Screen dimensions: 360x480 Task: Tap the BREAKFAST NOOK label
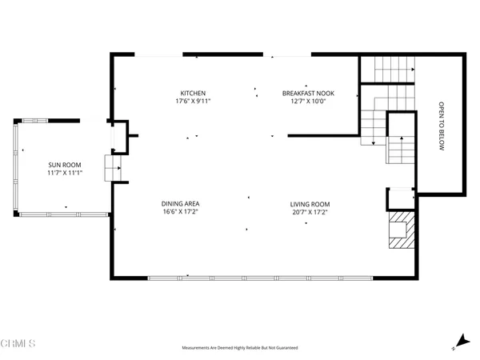(x=308, y=93)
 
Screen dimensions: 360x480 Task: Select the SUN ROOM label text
(x=65, y=164)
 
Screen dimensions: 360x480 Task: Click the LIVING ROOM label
(x=310, y=204)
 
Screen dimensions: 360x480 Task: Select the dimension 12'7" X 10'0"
(x=308, y=102)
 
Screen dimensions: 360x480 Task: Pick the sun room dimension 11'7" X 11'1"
(x=65, y=173)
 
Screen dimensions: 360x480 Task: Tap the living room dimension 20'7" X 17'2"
(x=310, y=213)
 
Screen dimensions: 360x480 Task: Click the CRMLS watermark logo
(x=18, y=345)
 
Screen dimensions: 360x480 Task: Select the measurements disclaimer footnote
(x=240, y=349)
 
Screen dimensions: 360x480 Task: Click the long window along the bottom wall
(x=261, y=278)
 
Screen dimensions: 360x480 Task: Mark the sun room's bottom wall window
(x=63, y=214)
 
